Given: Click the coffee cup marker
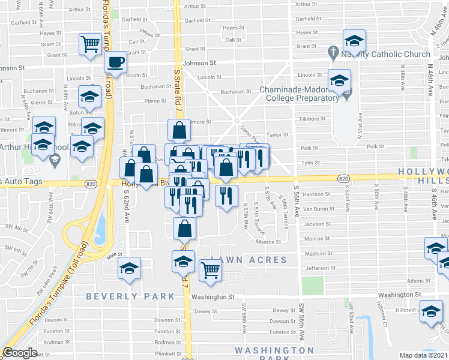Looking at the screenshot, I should pyautogui.click(x=115, y=62).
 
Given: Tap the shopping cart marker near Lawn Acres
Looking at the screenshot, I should pyautogui.click(x=210, y=270).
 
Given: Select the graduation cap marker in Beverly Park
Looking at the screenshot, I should pyautogui.click(x=129, y=269).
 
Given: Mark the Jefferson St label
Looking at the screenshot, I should pyautogui.click(x=318, y=268).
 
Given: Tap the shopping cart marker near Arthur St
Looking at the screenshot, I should pyautogui.click(x=91, y=44).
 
